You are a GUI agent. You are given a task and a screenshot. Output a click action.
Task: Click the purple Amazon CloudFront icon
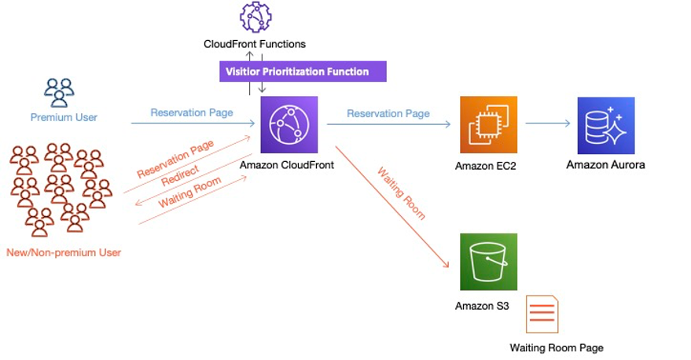(289, 124)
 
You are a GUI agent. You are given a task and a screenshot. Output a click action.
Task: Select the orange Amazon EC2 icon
(489, 124)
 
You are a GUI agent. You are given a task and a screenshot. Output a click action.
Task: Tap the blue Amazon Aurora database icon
(605, 125)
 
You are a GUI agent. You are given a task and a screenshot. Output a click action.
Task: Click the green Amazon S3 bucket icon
(489, 262)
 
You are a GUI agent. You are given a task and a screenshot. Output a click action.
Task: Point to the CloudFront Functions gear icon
(255, 17)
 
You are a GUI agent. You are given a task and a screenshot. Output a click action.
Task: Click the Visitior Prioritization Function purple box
(303, 72)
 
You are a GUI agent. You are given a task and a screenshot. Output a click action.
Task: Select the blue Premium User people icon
(59, 93)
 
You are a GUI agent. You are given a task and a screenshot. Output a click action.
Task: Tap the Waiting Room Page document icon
(542, 314)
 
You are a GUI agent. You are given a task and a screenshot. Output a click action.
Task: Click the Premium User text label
(64, 118)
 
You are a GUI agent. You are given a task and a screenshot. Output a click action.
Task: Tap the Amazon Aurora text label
(605, 165)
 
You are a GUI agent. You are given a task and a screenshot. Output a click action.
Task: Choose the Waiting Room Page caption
(556, 347)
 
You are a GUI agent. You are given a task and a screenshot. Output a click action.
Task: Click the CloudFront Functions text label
(254, 44)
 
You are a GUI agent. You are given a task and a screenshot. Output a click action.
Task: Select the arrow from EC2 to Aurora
(549, 123)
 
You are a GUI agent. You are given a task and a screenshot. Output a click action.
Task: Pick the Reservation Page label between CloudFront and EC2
(388, 113)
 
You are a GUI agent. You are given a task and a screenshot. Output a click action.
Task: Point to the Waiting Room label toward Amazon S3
(400, 193)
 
